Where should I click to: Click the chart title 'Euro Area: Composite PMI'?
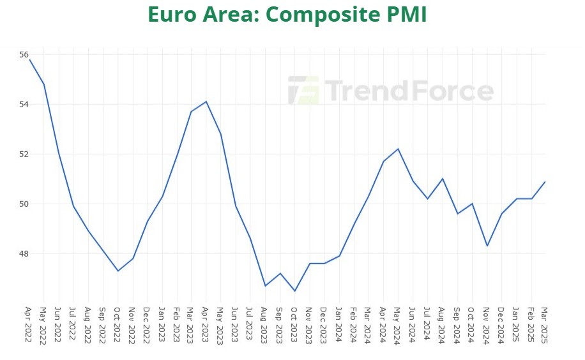(287, 14)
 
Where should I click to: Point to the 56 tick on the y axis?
(24, 55)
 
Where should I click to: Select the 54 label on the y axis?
(24, 104)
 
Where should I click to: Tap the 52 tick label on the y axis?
(24, 154)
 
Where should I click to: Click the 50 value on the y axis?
(24, 204)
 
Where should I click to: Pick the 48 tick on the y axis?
(24, 253)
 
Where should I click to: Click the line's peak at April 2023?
(206, 101)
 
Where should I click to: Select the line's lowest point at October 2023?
(295, 291)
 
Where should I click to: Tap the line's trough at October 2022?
(118, 271)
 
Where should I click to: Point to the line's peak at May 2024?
(398, 149)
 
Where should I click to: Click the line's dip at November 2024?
(487, 246)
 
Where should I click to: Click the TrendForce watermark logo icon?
(303, 91)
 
